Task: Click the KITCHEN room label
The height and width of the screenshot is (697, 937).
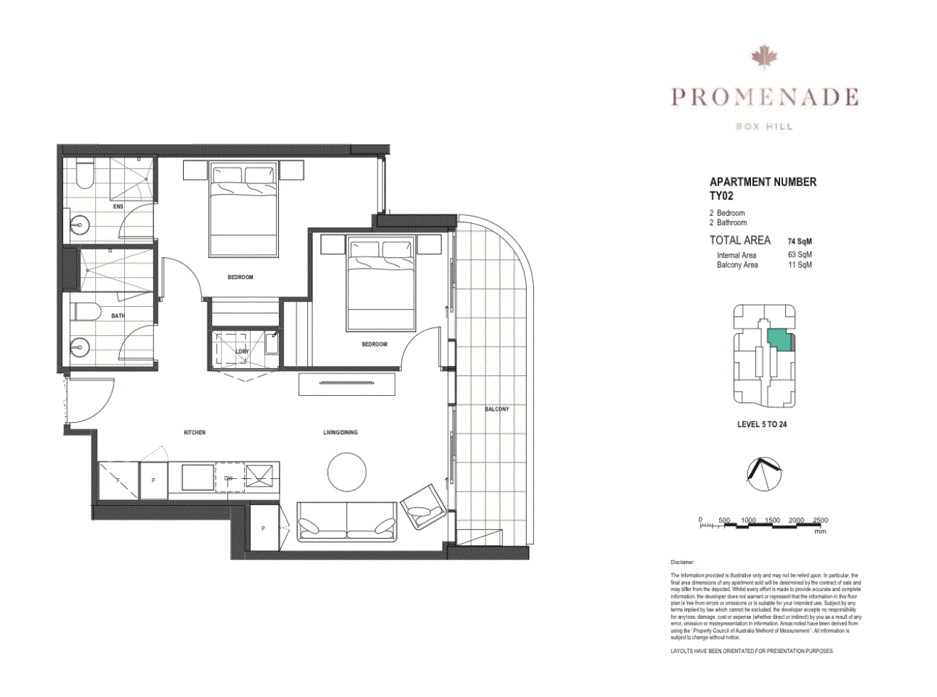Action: click(194, 432)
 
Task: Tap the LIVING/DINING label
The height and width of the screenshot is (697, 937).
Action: click(340, 432)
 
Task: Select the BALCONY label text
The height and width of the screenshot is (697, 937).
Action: click(496, 409)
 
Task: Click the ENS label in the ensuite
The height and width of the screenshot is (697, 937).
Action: click(118, 207)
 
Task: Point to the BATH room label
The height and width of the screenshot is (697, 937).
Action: click(117, 315)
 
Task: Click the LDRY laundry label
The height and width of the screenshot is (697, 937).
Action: click(242, 351)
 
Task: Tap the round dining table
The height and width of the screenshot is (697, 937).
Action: click(346, 472)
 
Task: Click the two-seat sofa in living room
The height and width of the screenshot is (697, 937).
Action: click(346, 522)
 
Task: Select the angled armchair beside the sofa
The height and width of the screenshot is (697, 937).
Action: click(424, 505)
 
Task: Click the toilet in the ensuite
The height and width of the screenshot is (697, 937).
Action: click(84, 173)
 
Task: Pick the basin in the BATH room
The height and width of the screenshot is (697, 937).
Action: click(80, 347)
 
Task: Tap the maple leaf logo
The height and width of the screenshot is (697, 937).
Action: click(764, 57)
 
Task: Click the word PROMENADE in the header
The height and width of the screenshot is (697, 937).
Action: click(765, 97)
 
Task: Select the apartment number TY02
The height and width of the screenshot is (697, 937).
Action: click(721, 196)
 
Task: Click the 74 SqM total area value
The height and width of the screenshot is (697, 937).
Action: click(799, 242)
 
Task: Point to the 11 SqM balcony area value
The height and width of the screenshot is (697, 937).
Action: click(799, 265)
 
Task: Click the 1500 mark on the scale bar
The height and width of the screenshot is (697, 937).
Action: click(772, 521)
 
